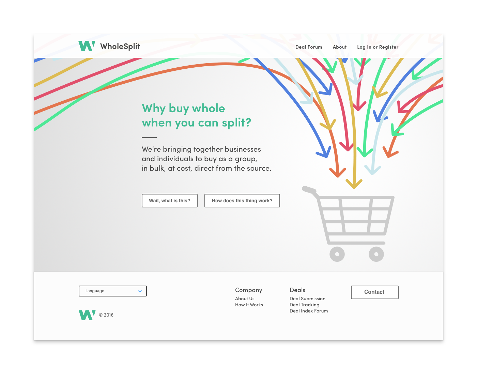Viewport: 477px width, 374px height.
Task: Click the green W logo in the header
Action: click(x=87, y=46)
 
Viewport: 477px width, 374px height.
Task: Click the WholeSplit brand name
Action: click(x=120, y=46)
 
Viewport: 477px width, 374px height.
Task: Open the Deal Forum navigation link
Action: click(x=309, y=47)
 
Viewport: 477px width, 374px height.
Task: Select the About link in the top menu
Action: click(x=340, y=47)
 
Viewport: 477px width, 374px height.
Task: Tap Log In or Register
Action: click(x=378, y=47)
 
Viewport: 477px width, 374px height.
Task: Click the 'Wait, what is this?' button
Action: click(x=170, y=201)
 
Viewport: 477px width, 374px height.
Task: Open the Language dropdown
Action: click(x=112, y=291)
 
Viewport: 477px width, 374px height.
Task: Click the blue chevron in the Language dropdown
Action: click(x=140, y=291)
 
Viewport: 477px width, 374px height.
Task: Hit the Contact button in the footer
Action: click(x=374, y=292)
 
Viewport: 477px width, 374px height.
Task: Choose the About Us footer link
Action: click(x=245, y=299)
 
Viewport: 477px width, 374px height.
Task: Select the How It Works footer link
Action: click(x=249, y=305)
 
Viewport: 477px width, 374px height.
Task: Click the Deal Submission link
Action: click(x=307, y=299)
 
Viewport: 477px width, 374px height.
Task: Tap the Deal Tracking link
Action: click(x=304, y=305)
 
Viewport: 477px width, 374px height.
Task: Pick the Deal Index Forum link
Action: click(x=309, y=311)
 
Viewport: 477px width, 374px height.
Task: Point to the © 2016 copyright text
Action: click(x=106, y=315)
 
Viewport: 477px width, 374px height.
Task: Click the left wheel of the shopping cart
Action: click(x=337, y=254)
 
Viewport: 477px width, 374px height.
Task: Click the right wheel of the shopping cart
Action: click(x=376, y=254)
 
